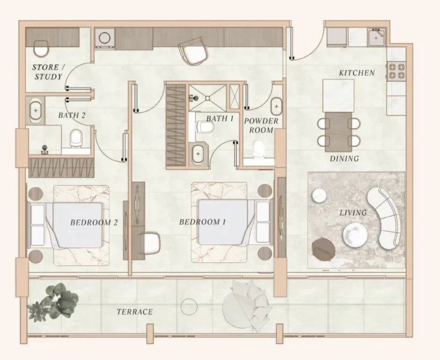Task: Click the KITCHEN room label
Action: [x=357, y=73]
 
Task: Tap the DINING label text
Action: [x=344, y=159]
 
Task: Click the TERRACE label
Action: [x=134, y=312]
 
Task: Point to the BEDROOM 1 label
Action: [x=202, y=222]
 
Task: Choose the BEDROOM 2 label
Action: [x=94, y=222]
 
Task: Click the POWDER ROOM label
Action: [x=261, y=125]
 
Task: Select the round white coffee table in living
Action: [x=355, y=235]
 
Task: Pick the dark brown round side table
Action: [x=324, y=247]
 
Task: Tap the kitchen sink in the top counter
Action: [x=377, y=37]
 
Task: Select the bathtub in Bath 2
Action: [x=36, y=111]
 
